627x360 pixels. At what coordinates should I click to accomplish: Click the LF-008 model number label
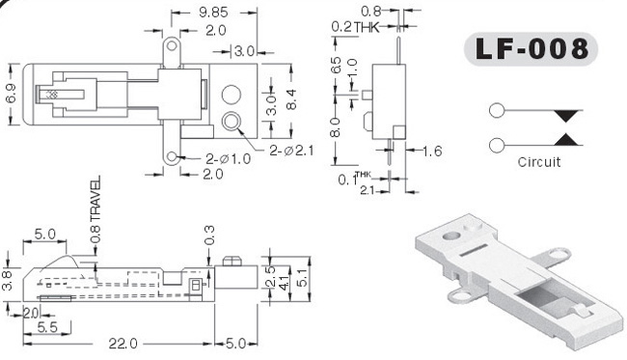point(532,49)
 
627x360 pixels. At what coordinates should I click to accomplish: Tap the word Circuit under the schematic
point(538,162)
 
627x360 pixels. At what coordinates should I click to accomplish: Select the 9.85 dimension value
point(213,13)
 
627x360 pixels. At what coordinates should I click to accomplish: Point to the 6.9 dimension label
point(11,93)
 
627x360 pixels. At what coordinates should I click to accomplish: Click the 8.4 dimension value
point(291,99)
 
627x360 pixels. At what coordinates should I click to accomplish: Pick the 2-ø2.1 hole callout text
point(291,151)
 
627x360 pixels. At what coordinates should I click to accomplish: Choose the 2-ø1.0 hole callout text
point(229,159)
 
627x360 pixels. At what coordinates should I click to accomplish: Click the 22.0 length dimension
point(123,344)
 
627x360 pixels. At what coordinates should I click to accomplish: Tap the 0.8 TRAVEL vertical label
point(95,210)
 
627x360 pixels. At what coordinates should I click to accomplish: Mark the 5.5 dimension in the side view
point(47,327)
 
